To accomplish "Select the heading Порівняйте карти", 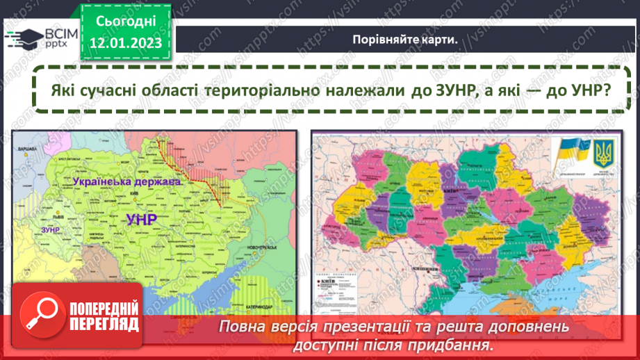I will pyautogui.click(x=404, y=40).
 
